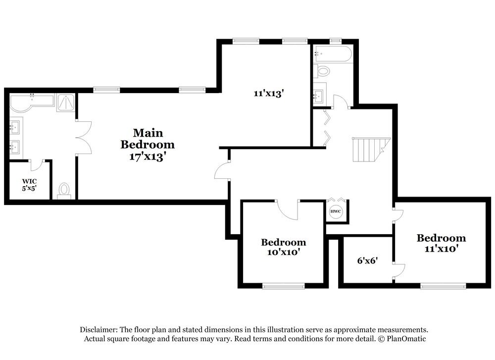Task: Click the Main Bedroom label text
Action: (148, 139)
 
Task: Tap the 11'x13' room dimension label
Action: (267, 93)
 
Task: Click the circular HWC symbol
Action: (336, 211)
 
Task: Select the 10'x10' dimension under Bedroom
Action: (283, 252)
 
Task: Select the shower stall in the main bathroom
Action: (65, 103)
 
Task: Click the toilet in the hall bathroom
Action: (323, 71)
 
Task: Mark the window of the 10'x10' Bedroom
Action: (283, 286)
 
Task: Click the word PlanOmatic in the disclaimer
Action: (404, 339)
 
